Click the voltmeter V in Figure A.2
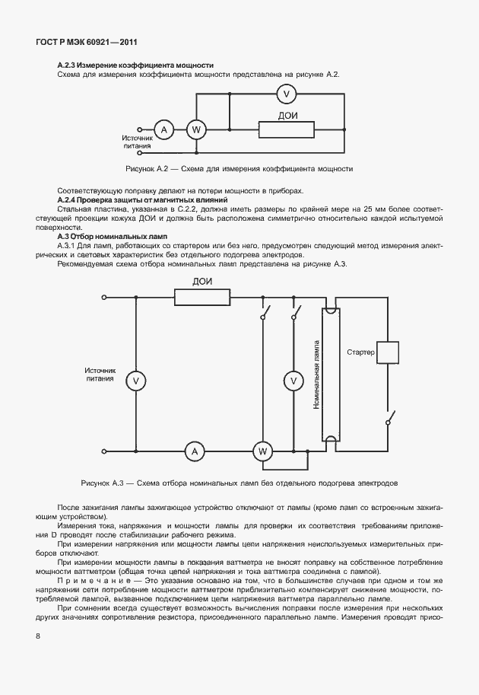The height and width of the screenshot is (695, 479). click(x=285, y=94)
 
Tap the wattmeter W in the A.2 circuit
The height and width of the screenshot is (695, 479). click(x=196, y=129)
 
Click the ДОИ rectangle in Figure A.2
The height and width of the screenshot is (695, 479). click(x=286, y=129)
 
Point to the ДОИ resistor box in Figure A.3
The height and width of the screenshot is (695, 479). click(x=203, y=296)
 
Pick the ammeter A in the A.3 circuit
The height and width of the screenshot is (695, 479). click(x=195, y=452)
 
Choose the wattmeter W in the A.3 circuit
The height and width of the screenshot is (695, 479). click(x=263, y=452)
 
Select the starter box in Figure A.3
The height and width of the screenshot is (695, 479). click(x=389, y=352)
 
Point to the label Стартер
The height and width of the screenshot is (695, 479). click(x=360, y=352)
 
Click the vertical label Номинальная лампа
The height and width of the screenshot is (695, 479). click(x=316, y=375)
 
